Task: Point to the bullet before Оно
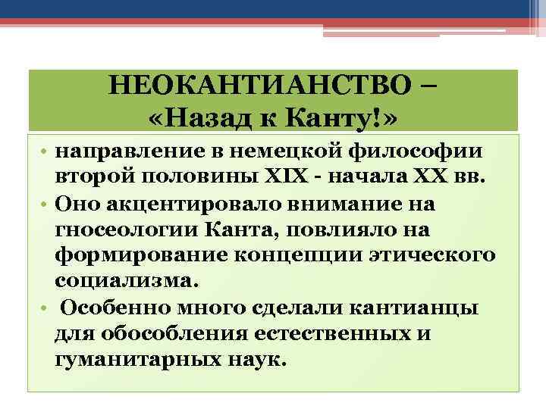[45, 203]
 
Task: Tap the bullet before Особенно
[45, 309]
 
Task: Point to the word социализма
[125, 281]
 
